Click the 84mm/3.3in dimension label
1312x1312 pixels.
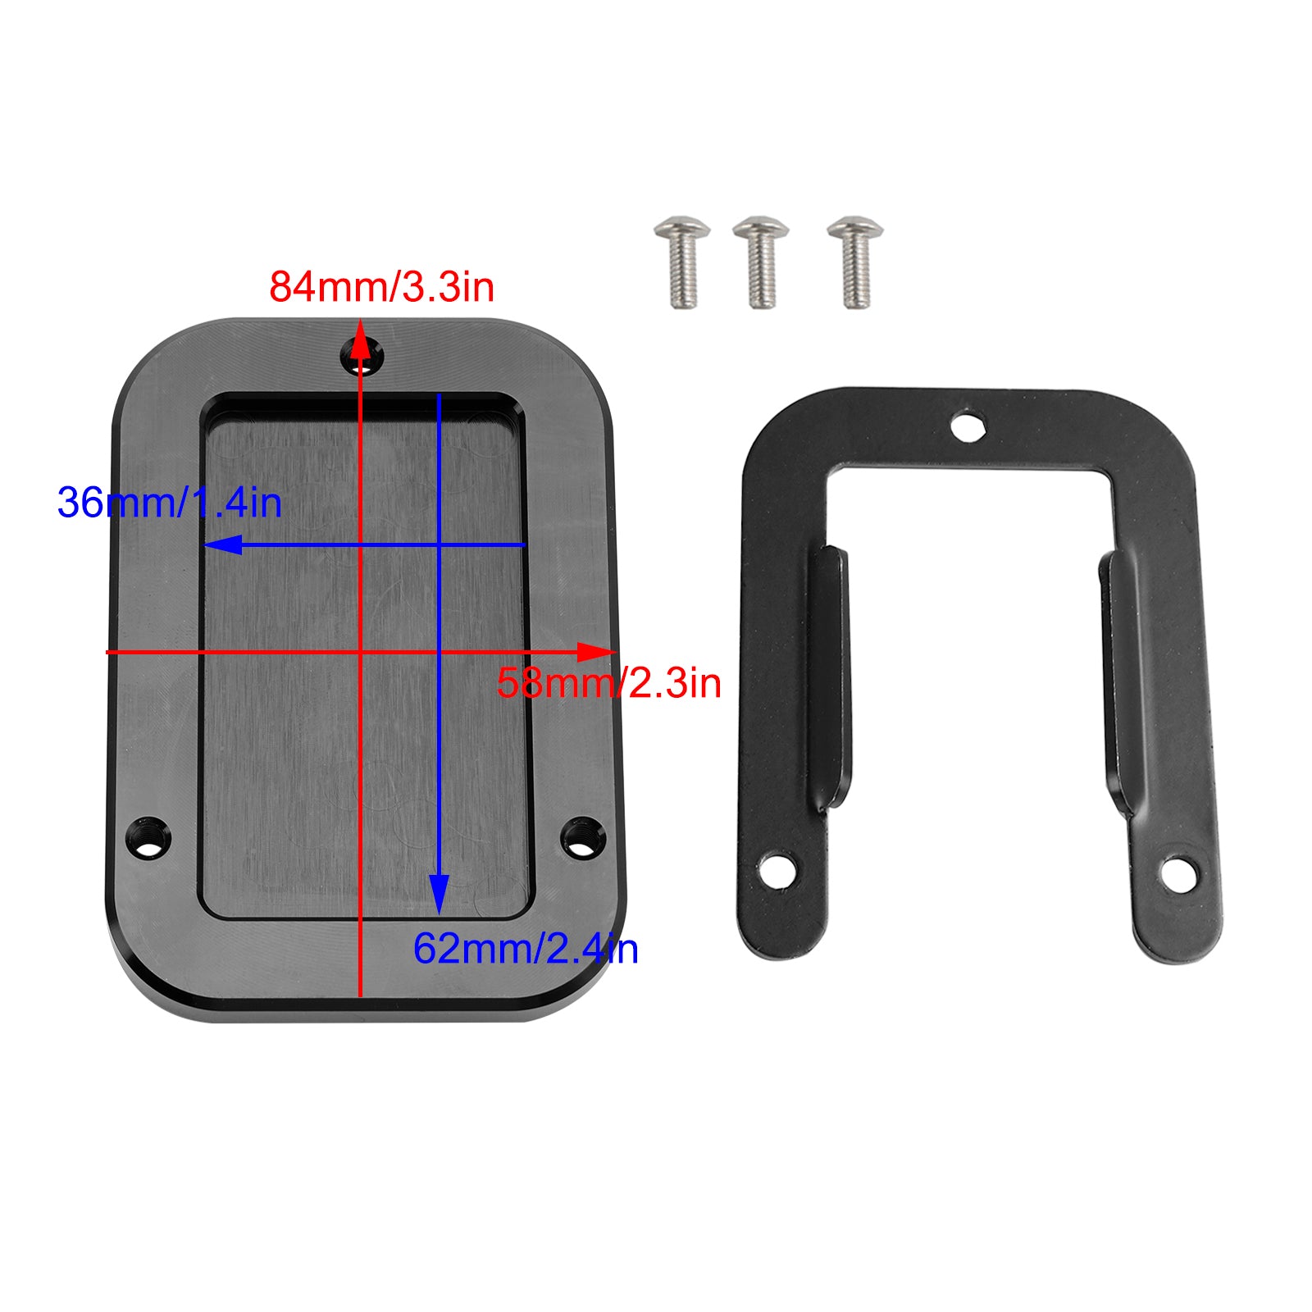point(382,287)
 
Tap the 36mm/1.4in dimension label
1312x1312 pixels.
point(170,503)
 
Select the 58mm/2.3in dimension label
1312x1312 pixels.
point(608,683)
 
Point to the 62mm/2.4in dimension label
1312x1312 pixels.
point(525,949)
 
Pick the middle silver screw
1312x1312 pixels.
point(761,261)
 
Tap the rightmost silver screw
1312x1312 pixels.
point(855,261)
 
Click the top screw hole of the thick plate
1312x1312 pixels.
point(362,358)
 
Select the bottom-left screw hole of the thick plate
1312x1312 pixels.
point(149,838)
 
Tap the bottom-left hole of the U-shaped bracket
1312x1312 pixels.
point(777,870)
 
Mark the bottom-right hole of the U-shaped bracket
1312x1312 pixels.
point(1179,874)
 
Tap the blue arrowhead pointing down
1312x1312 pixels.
point(439,894)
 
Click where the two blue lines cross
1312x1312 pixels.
point(439,544)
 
